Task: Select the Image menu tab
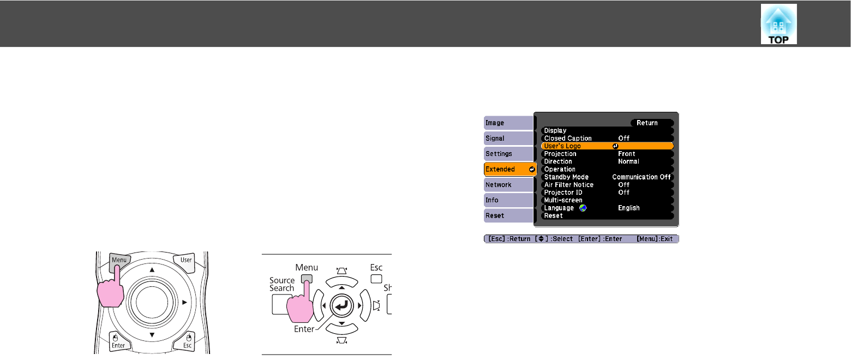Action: [x=507, y=123]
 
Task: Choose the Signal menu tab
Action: [x=507, y=139]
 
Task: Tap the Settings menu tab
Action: [x=507, y=154]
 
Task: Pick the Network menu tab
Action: [x=507, y=185]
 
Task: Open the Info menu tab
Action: [x=507, y=200]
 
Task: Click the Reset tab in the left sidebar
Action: [x=507, y=215]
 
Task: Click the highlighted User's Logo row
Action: [x=607, y=146]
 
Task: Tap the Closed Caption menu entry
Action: [x=568, y=139]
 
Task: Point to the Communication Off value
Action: [x=641, y=177]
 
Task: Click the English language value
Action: [x=628, y=208]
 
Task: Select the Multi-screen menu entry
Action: [x=563, y=200]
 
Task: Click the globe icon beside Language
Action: [x=583, y=208]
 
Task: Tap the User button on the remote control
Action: [x=186, y=260]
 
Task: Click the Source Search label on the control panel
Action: [x=282, y=284]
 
